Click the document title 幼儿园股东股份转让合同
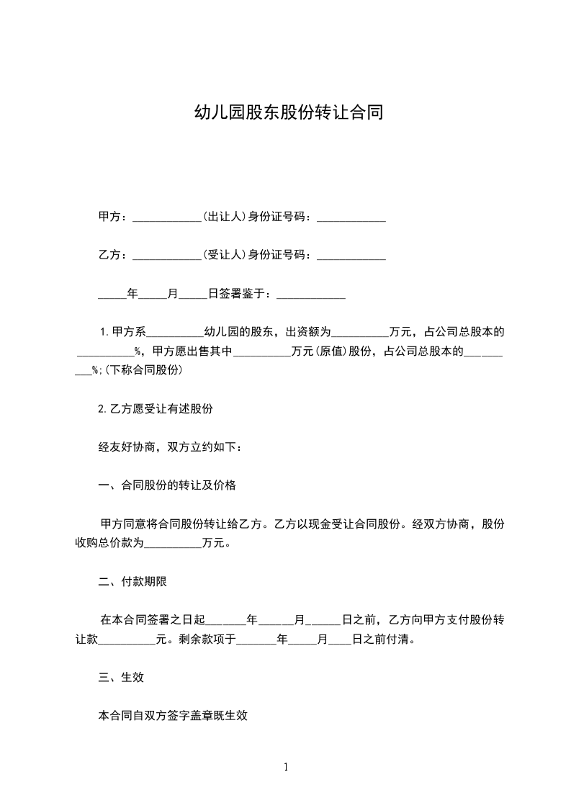click(x=285, y=113)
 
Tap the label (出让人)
click(x=224, y=216)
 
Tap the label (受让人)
click(x=224, y=255)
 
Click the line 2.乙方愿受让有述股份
click(x=156, y=408)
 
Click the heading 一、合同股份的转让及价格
click(x=167, y=485)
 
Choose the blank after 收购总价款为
click(x=174, y=544)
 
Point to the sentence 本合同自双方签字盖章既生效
click(x=173, y=717)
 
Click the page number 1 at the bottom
click(x=286, y=767)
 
